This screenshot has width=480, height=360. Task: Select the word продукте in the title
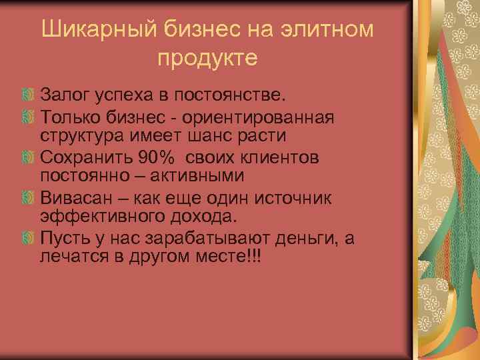(207, 58)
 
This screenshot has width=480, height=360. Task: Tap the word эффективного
(106, 216)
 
